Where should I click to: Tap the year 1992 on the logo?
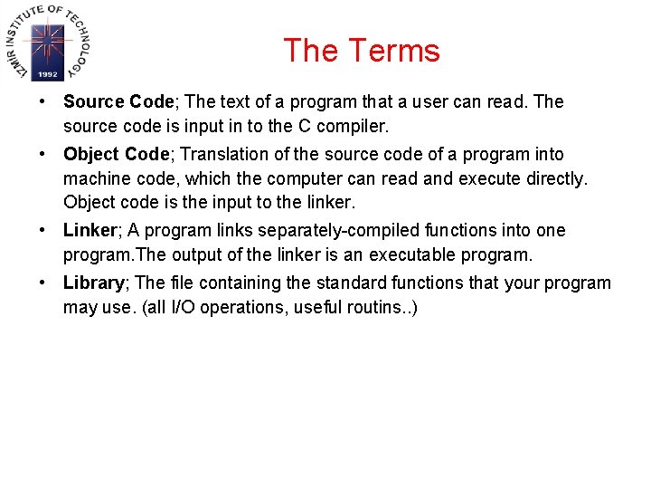click(x=48, y=74)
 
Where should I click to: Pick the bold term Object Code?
click(x=116, y=155)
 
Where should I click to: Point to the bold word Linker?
click(x=90, y=231)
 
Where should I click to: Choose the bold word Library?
click(x=93, y=283)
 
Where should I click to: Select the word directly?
click(x=553, y=179)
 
